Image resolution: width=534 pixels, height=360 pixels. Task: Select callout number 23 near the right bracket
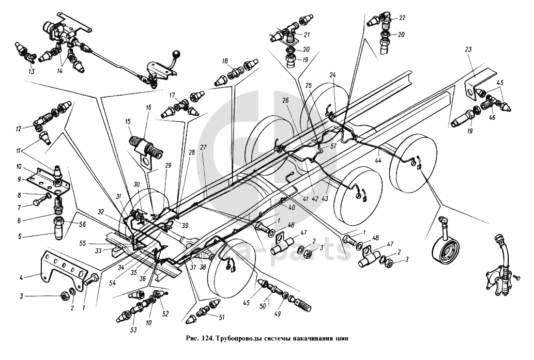(x=468, y=50)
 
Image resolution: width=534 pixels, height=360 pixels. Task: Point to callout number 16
(x=148, y=108)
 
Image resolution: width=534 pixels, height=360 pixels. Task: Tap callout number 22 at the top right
(x=402, y=17)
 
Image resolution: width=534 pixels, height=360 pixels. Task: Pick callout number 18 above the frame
(x=225, y=61)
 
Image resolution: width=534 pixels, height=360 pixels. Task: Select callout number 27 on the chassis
(x=203, y=147)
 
